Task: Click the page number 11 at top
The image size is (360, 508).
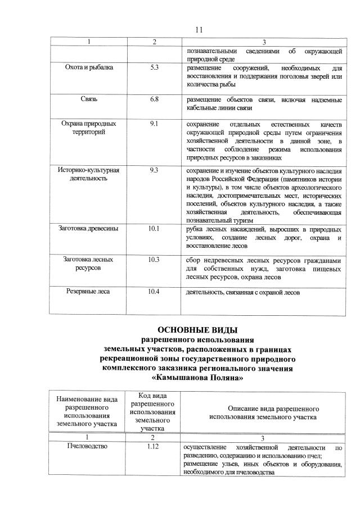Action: coord(198,30)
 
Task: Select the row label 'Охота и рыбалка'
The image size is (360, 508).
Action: coord(89,67)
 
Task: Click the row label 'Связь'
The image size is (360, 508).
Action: coord(89,99)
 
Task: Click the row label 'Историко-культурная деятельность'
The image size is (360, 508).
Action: coord(89,174)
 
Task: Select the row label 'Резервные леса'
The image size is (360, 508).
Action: coord(89,292)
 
